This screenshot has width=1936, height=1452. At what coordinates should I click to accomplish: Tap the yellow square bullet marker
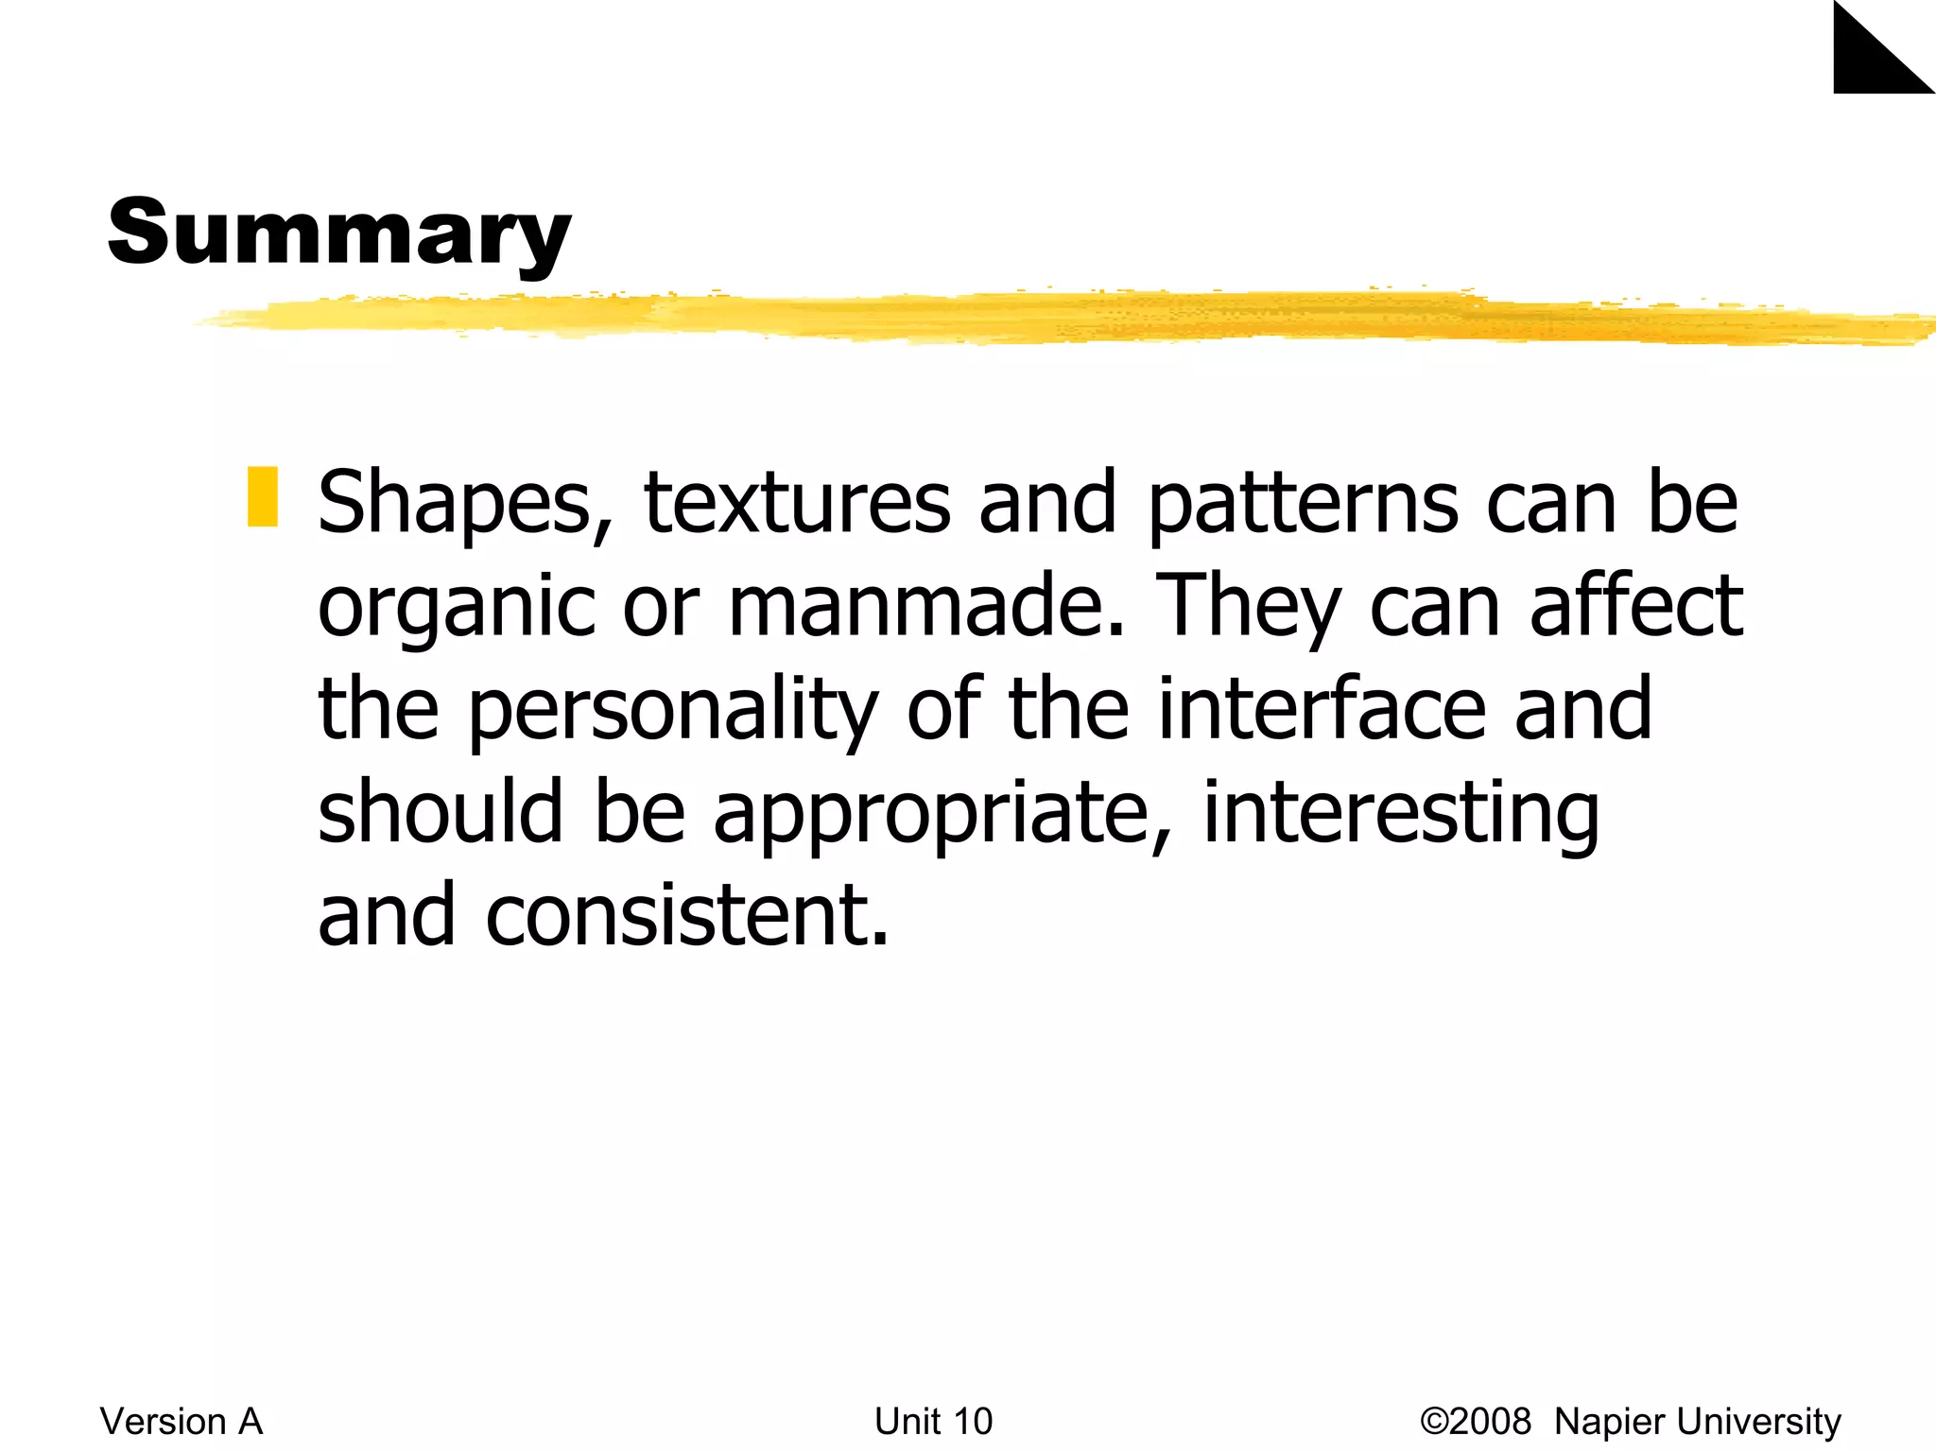[x=263, y=496]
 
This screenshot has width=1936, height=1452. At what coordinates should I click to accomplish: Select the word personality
[x=673, y=710]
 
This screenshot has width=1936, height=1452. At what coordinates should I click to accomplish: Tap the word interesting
[x=1401, y=814]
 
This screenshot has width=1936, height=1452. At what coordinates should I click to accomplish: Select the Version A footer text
[x=181, y=1422]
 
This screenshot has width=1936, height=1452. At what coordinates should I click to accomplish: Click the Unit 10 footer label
[x=933, y=1422]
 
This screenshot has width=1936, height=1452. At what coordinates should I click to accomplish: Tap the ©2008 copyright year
[x=1476, y=1422]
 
